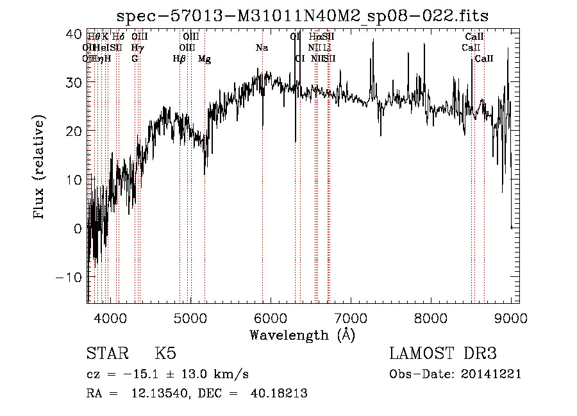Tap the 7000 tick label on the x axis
click(x=351, y=317)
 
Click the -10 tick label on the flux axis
click(x=69, y=277)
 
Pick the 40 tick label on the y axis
click(x=74, y=33)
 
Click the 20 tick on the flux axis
click(x=74, y=131)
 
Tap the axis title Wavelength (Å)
click(x=301, y=335)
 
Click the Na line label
click(x=262, y=47)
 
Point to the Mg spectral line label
click(x=205, y=59)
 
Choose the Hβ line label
click(x=180, y=59)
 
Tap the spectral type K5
click(x=165, y=354)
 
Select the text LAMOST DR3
click(x=443, y=354)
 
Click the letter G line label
click(x=135, y=59)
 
